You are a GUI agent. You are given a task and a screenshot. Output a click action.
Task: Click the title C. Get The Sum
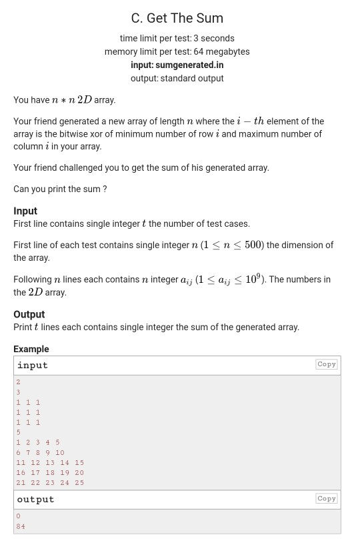coord(177,18)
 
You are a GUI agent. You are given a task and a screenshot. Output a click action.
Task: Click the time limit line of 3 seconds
coord(177,38)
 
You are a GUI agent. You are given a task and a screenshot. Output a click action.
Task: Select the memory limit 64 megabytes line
coord(177,51)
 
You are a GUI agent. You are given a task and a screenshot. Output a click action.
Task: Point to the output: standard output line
coord(177,78)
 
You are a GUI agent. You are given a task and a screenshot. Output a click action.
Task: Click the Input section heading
coord(25,211)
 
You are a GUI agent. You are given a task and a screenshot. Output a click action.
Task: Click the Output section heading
coord(29,314)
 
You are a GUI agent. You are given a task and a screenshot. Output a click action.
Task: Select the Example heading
coord(31,349)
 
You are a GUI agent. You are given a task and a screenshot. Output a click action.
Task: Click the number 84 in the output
coord(21,526)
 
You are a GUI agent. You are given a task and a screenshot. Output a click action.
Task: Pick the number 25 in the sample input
coord(79,482)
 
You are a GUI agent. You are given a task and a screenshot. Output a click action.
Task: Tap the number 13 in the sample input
coord(50,462)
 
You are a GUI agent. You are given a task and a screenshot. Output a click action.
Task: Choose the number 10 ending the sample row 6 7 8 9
coord(60,452)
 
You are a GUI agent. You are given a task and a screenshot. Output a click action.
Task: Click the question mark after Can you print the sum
coord(104,189)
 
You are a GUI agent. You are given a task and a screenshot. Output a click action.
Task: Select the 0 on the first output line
coord(18,516)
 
